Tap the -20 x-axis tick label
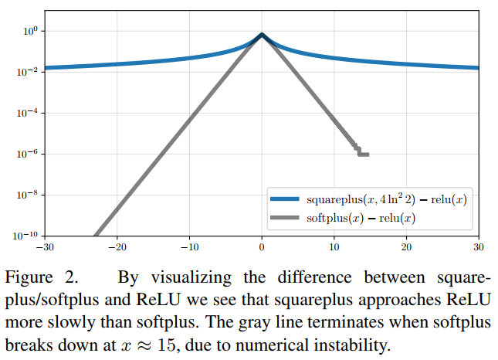point(117,247)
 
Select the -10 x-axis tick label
point(188,247)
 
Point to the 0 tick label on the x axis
point(262,247)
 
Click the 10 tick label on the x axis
point(334,247)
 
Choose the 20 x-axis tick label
point(406,247)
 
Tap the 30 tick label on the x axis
point(478,247)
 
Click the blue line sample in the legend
point(286,200)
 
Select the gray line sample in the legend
point(286,217)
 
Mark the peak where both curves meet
point(262,36)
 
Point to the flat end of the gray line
point(363,155)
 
